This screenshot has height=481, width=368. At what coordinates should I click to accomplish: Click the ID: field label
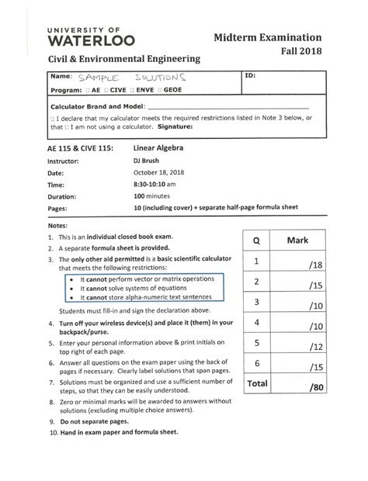tap(250, 77)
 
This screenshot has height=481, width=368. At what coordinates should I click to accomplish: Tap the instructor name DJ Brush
tap(147, 160)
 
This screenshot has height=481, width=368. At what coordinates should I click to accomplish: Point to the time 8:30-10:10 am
tap(155, 185)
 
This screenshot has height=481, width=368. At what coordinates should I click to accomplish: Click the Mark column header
tap(297, 241)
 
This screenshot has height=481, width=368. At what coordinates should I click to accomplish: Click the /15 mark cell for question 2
tap(314, 285)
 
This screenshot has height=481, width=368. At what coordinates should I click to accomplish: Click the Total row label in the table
tap(256, 383)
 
